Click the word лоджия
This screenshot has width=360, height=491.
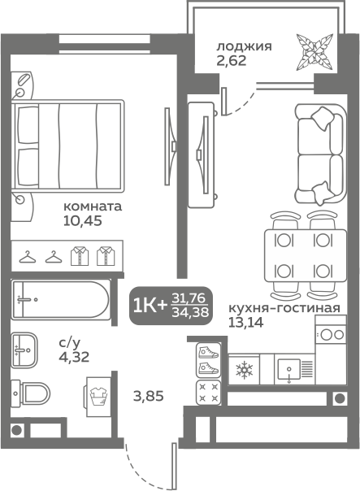244,47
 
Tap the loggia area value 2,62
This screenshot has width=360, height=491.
232,60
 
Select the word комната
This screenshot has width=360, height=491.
93,206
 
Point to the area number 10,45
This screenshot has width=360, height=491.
83,221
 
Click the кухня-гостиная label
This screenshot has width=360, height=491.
284,308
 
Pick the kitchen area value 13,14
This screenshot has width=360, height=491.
245,322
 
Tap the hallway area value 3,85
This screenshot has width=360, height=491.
149,397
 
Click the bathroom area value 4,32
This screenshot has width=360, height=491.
74,357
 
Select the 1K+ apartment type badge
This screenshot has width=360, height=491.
171,306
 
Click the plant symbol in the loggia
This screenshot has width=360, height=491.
314,52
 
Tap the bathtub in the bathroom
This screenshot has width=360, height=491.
61,300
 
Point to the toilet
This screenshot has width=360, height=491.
31,393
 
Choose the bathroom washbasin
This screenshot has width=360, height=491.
24,350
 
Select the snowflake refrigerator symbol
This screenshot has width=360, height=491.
244,370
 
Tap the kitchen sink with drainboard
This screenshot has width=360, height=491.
294,370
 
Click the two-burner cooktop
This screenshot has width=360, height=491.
331,334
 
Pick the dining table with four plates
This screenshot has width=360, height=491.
306,255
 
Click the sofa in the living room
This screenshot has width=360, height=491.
320,155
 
